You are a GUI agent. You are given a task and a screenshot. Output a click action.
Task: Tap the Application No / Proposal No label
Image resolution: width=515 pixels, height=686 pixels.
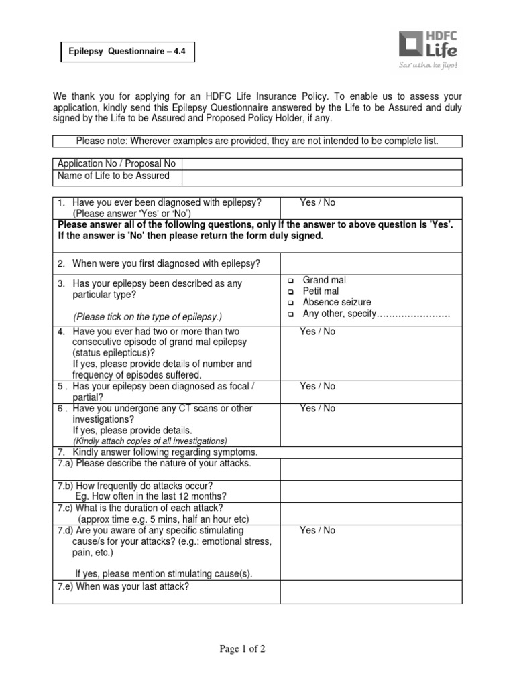pyautogui.click(x=117, y=164)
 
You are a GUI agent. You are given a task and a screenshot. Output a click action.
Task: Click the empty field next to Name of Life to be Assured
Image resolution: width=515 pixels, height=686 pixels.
pyautogui.click(x=321, y=177)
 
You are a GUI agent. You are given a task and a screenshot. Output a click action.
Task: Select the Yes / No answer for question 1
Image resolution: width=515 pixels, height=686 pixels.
pyautogui.click(x=318, y=203)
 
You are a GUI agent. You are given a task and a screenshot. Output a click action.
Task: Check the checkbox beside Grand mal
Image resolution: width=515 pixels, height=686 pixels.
pyautogui.click(x=291, y=281)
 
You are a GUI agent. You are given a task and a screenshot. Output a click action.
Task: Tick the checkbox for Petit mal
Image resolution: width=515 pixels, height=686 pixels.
pyautogui.click(x=291, y=292)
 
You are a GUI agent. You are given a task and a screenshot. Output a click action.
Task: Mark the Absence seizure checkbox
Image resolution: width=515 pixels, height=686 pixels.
pyautogui.click(x=291, y=303)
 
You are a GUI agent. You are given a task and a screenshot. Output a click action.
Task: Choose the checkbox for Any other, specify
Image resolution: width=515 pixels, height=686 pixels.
pyautogui.click(x=291, y=315)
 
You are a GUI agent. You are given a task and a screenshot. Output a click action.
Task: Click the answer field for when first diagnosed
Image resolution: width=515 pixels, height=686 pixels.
pyautogui.click(x=370, y=263)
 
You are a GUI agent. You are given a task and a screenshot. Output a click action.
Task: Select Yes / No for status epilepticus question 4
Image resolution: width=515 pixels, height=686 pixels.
pyautogui.click(x=318, y=332)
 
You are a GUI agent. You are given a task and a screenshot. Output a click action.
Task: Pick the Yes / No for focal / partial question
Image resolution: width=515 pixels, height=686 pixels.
pyautogui.click(x=318, y=387)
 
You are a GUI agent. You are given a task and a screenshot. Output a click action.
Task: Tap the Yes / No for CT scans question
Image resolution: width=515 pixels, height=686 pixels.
pyautogui.click(x=318, y=409)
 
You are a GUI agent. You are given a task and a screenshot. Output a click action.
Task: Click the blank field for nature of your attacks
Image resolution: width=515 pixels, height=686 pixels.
pyautogui.click(x=370, y=469)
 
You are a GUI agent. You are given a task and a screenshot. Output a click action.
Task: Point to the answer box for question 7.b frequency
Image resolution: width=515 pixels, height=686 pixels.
pyautogui.click(x=370, y=491)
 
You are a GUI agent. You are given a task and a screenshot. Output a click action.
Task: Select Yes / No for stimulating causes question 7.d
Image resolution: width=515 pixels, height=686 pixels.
pyautogui.click(x=318, y=531)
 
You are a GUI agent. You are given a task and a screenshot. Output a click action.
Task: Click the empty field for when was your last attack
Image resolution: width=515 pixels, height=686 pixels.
pyautogui.click(x=370, y=592)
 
